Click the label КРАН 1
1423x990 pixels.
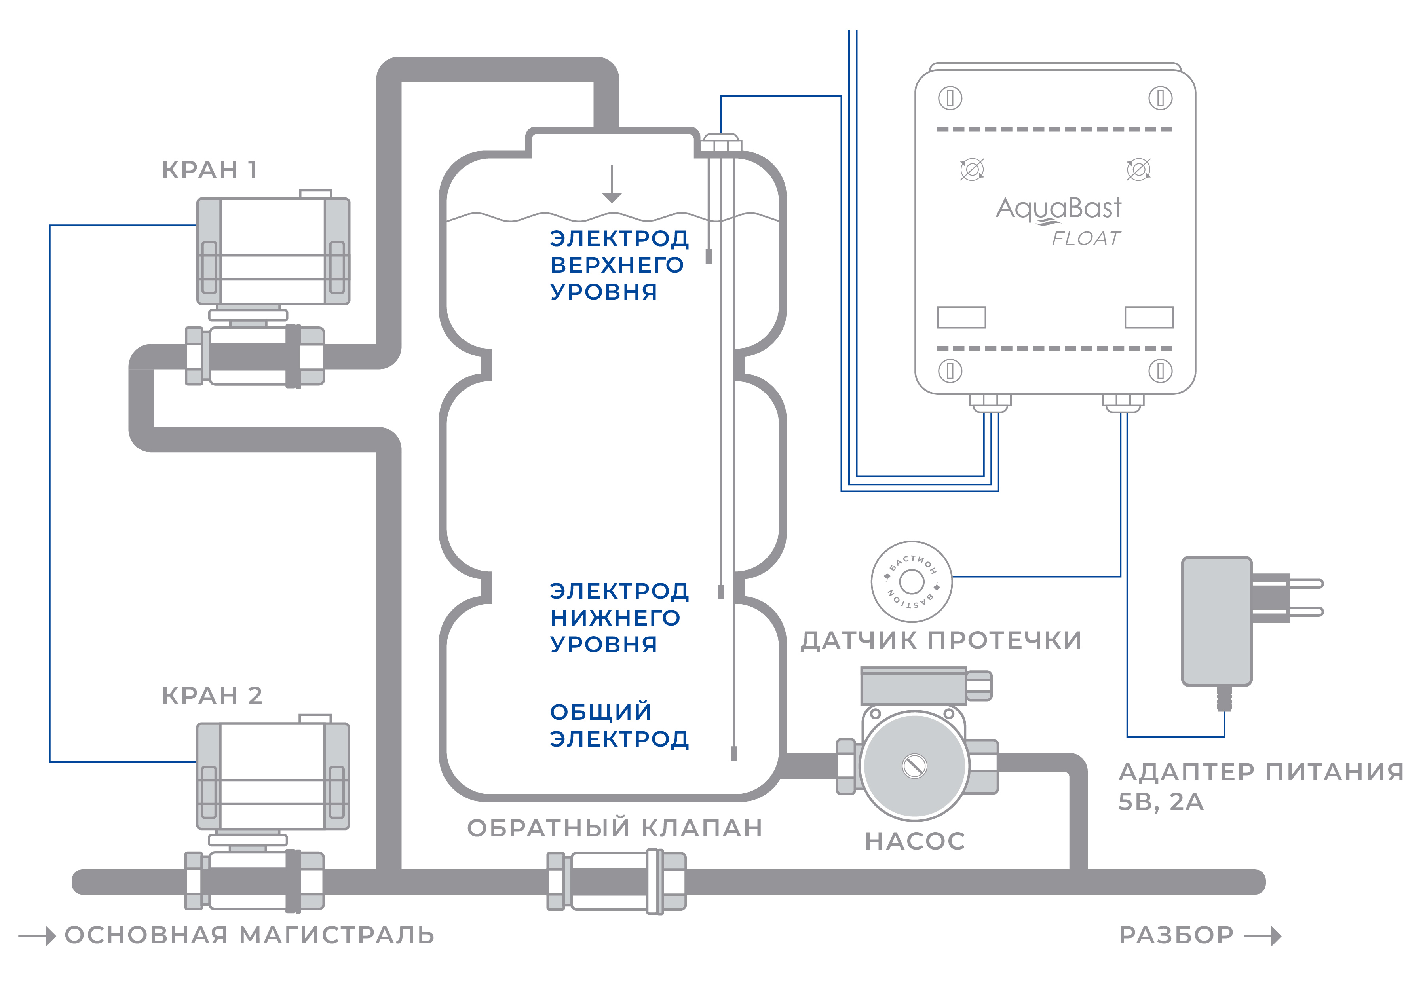(x=209, y=169)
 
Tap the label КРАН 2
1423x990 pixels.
(x=212, y=695)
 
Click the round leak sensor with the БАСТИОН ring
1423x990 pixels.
(x=911, y=582)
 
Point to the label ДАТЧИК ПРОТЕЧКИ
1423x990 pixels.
(x=941, y=640)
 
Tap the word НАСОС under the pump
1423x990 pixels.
(x=915, y=841)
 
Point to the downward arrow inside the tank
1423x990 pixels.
(x=612, y=184)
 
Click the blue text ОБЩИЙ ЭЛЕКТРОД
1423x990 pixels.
(x=619, y=725)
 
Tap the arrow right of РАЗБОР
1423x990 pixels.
(x=1262, y=935)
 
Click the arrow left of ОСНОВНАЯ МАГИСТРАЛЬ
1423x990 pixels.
(x=37, y=935)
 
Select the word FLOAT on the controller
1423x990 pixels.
(x=1086, y=239)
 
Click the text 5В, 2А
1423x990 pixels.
(x=1160, y=802)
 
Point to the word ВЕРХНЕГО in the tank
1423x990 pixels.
(x=617, y=265)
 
